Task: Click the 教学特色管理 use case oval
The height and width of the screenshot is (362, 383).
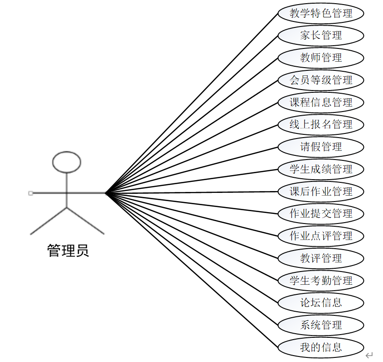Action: pyautogui.click(x=321, y=13)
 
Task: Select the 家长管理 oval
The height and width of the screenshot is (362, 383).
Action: pyautogui.click(x=321, y=35)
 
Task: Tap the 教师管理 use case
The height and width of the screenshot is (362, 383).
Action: pyautogui.click(x=321, y=58)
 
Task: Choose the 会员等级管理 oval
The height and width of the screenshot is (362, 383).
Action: pyautogui.click(x=321, y=80)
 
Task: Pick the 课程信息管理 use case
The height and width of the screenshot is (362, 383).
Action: pyautogui.click(x=321, y=102)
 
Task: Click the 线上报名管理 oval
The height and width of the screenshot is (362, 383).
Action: pyautogui.click(x=321, y=124)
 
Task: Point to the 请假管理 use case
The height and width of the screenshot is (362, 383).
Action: pyautogui.click(x=321, y=147)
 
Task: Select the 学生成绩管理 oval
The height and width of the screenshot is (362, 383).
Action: pyautogui.click(x=321, y=169)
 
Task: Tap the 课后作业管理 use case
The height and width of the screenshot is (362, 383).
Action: pyautogui.click(x=321, y=191)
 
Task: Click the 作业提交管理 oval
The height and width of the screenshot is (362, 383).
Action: pyautogui.click(x=321, y=213)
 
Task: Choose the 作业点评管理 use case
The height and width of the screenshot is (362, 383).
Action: pyautogui.click(x=321, y=236)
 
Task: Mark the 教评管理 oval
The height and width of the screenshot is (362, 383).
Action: pyautogui.click(x=321, y=258)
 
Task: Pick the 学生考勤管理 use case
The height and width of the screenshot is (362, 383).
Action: pyautogui.click(x=321, y=280)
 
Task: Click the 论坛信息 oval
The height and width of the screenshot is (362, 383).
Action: pyautogui.click(x=321, y=303)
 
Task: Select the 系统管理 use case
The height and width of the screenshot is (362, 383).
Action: pyautogui.click(x=321, y=325)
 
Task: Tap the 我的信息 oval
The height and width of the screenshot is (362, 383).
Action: pyautogui.click(x=321, y=347)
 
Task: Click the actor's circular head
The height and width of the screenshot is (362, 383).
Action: pyautogui.click(x=67, y=162)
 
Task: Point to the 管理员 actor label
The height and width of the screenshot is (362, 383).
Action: pyautogui.click(x=68, y=250)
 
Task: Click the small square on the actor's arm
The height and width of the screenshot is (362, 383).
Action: pyautogui.click(x=31, y=193)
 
